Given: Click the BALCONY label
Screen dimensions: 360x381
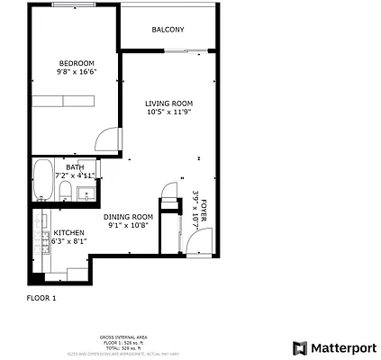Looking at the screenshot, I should tap(168, 30).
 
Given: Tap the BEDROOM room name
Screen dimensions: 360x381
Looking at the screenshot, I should tap(77, 63).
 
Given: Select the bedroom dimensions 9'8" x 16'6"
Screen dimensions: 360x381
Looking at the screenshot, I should tap(77, 72).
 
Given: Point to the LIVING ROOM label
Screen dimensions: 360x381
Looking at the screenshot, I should tap(169, 103).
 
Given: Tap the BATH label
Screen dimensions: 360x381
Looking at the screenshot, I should tap(76, 166).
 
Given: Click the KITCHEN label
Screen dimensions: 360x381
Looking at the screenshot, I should tap(68, 233).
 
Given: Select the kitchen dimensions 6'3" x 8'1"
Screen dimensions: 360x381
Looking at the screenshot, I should tap(68, 242).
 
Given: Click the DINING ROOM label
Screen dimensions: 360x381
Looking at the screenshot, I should tap(128, 217).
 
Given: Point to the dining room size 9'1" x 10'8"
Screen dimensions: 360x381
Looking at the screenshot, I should tap(128, 226).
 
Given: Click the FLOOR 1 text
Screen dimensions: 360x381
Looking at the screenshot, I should tap(41, 297).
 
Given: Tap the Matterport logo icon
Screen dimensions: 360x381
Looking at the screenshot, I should tap(299, 347).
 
